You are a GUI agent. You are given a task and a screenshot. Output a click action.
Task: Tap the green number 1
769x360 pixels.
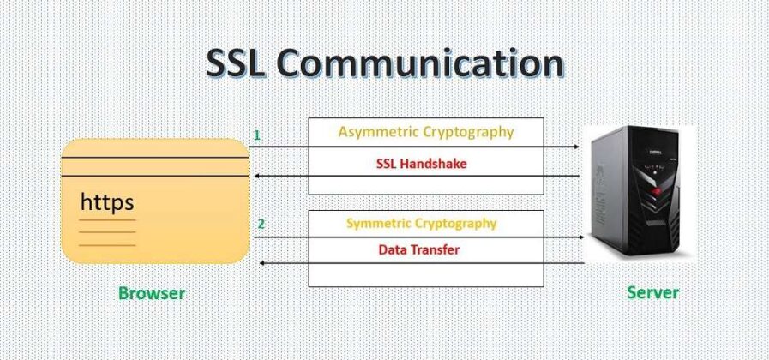tap(257, 135)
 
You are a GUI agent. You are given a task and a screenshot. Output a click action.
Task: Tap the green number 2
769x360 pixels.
tap(261, 225)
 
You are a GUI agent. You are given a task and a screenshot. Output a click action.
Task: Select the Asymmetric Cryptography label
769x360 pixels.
tap(426, 132)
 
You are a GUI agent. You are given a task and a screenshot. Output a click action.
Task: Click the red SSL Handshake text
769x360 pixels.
tap(422, 163)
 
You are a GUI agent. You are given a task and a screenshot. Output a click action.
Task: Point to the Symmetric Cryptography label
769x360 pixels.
tap(421, 223)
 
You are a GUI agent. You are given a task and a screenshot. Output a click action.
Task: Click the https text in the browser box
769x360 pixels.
tap(107, 203)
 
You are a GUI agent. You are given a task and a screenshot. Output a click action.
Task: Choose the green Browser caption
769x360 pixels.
tap(152, 293)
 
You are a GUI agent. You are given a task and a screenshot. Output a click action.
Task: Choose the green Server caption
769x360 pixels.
tap(653, 292)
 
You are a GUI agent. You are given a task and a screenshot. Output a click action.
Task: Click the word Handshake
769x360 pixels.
tap(436, 163)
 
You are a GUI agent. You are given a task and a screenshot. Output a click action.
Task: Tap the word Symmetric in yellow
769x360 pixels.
tap(379, 223)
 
